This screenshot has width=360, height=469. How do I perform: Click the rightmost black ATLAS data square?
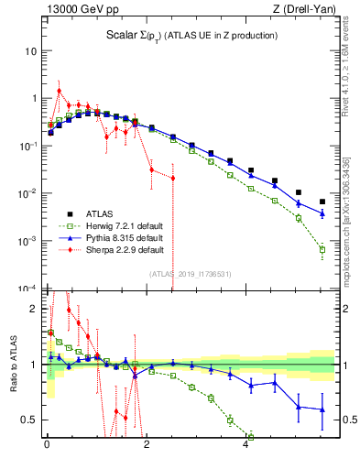[x=322, y=202]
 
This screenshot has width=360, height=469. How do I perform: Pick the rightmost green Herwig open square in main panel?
[x=322, y=249]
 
